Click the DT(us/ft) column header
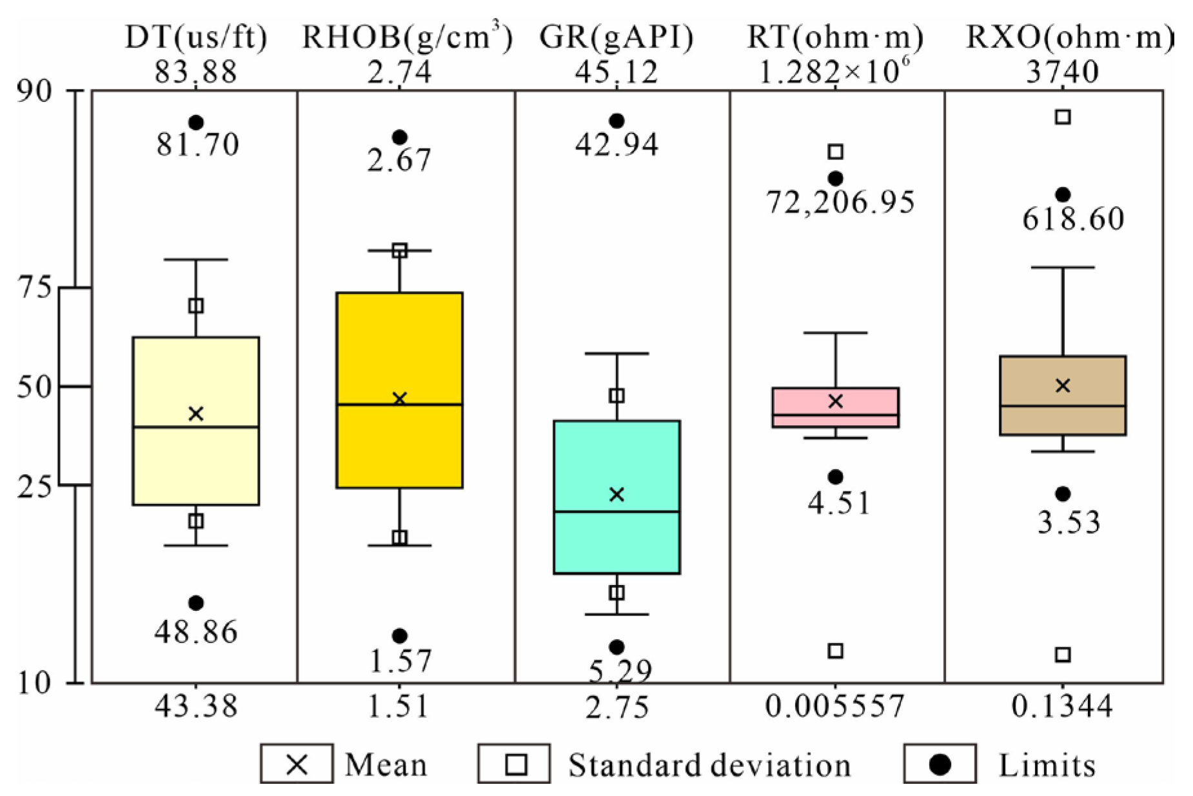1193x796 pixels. (196, 37)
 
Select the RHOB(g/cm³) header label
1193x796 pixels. (407, 37)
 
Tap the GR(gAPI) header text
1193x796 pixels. (616, 37)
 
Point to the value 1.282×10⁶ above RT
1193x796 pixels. (835, 72)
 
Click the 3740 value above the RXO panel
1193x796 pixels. (1062, 72)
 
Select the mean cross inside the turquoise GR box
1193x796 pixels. (616, 494)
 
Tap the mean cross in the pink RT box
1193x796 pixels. (835, 401)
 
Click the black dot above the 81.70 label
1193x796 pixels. (196, 123)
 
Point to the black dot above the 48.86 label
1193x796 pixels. (196, 603)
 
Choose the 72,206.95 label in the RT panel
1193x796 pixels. (840, 203)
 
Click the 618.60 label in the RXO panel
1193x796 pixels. (1073, 219)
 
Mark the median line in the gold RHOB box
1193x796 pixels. (399, 404)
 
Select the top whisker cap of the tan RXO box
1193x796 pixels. (1063, 267)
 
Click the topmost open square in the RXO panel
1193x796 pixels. (1063, 117)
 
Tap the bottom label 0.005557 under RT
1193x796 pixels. (835, 706)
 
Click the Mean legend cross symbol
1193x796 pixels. (297, 765)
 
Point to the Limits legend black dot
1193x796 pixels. (940, 765)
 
